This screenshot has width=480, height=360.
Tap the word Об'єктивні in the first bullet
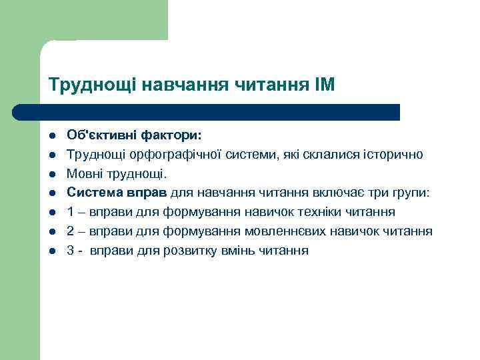[x=101, y=135]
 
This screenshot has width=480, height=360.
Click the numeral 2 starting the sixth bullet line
[x=71, y=232]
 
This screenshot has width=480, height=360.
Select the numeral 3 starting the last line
[x=71, y=251]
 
